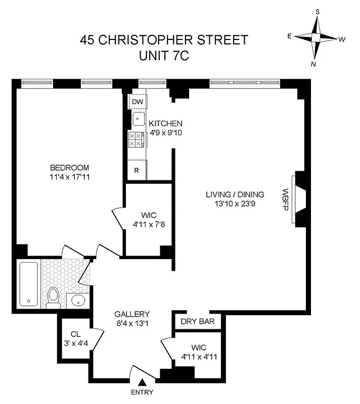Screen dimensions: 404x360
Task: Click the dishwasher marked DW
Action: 138,102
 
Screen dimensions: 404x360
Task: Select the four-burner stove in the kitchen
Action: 136,140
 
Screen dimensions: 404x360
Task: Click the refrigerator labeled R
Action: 137,170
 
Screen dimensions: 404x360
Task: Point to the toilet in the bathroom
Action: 53,296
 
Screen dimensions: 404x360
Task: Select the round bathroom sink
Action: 78,301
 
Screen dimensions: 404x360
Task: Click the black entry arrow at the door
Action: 143,382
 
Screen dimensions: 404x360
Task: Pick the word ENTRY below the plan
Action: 142,392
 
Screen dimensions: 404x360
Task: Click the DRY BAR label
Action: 198,321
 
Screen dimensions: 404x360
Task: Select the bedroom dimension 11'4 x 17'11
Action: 69,177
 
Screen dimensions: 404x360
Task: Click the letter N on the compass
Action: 313,64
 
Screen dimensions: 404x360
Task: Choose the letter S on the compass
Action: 318,11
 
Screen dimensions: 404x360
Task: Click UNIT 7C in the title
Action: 164,56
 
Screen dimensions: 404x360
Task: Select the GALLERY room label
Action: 131,314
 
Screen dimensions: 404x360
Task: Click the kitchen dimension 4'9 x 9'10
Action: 165,133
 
